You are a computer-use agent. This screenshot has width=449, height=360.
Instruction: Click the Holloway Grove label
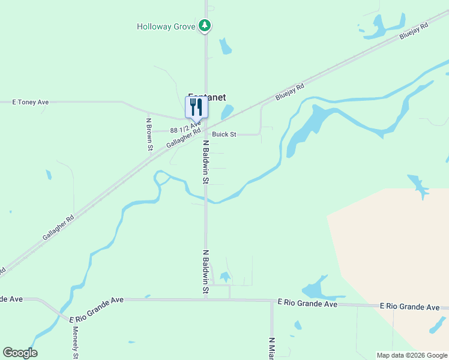click(166, 26)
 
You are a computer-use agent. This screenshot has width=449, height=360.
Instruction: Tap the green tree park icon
click(205, 26)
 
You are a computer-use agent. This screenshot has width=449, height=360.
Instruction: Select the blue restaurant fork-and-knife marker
click(196, 107)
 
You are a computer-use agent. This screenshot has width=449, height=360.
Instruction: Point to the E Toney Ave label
click(31, 103)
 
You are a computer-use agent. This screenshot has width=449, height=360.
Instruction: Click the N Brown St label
click(150, 134)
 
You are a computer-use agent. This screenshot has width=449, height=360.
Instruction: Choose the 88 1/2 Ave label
click(185, 128)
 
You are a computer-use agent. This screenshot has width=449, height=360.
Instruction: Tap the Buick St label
click(224, 134)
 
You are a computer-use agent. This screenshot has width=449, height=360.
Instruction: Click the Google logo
click(20, 353)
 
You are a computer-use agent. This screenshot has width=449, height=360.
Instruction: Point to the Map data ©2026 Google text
click(411, 355)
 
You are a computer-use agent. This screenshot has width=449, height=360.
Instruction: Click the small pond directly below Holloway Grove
click(226, 46)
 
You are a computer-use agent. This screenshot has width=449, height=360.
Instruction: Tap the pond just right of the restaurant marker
click(227, 112)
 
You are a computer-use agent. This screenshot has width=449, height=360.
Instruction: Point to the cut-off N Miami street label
click(271, 348)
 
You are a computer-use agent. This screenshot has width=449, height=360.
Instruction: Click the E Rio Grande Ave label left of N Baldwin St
click(96, 308)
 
